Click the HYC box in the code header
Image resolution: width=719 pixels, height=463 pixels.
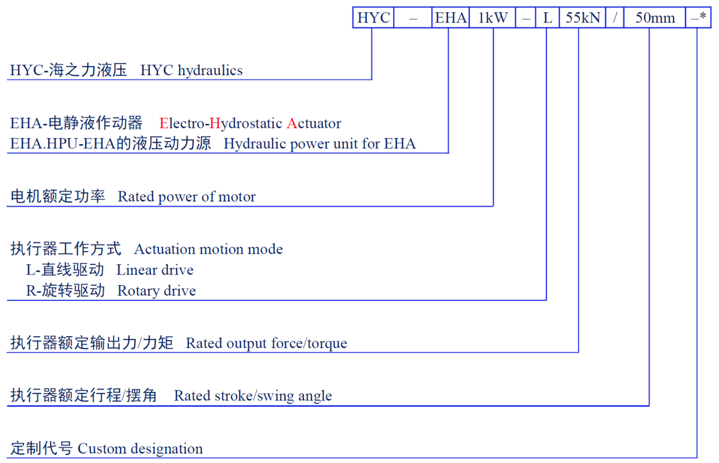[373, 18]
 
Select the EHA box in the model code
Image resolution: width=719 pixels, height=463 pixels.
[449, 18]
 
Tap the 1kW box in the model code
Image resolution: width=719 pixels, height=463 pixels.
[493, 18]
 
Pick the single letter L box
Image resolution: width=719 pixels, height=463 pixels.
[547, 18]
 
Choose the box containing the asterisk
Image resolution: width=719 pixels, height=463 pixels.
[698, 18]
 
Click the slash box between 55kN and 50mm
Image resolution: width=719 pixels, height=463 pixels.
[615, 18]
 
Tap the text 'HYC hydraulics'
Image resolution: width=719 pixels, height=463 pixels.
[191, 70]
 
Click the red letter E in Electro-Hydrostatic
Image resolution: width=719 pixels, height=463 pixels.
[164, 124]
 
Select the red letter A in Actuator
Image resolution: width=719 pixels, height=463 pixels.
[292, 124]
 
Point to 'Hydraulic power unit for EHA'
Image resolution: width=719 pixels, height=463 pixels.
[319, 144]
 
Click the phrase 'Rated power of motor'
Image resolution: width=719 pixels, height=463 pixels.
[186, 197]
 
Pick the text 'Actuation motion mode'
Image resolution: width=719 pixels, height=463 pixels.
[208, 249]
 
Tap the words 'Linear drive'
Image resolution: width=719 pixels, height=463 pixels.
[155, 270]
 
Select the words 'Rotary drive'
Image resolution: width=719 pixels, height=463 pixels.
[156, 291]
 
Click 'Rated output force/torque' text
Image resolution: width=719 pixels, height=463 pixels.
[266, 344]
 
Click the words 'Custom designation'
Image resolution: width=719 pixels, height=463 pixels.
[140, 449]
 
